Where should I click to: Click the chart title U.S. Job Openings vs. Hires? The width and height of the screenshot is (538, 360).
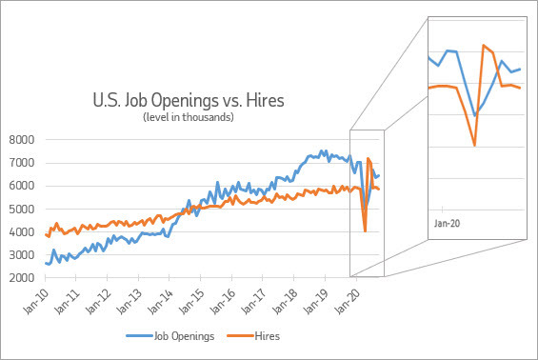[188, 99]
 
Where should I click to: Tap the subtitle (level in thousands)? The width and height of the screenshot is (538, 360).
[188, 117]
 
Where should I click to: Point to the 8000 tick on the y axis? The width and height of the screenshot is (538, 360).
[22, 140]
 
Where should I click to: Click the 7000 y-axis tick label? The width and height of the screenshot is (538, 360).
[22, 163]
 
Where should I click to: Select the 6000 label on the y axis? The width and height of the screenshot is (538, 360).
[22, 187]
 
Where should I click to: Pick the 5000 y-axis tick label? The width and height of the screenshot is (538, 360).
[22, 210]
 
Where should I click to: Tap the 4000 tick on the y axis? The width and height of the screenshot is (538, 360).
[22, 232]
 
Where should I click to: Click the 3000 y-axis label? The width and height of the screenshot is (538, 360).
[22, 256]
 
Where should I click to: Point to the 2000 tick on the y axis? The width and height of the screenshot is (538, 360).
[22, 279]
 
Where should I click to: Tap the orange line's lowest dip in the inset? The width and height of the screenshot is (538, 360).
[474, 145]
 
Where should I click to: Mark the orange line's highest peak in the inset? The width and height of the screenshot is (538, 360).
[484, 45]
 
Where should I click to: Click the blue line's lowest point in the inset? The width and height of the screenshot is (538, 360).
[474, 114]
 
